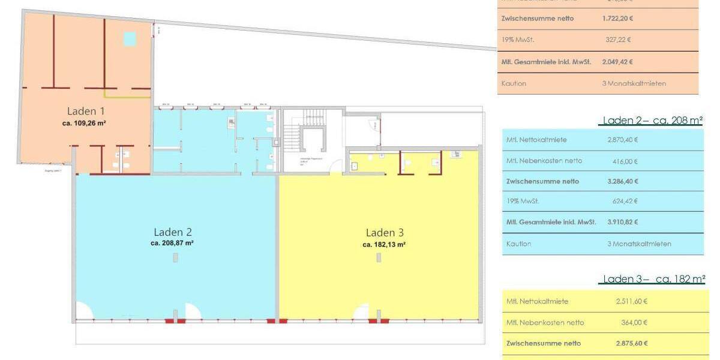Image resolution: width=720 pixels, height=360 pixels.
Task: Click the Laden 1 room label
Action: click(86, 111)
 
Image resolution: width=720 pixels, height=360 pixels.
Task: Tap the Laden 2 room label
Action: click(173, 232)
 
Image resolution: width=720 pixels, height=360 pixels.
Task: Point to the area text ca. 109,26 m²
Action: click(84, 122)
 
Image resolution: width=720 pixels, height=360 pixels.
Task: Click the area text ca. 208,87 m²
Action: click(172, 244)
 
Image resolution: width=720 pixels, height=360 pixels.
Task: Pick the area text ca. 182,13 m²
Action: click(384, 245)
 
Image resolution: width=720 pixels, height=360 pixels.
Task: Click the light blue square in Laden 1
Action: click(130, 39)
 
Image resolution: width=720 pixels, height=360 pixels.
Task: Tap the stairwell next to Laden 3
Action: click(310, 135)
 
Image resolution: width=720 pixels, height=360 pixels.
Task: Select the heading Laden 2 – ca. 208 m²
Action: click(652, 121)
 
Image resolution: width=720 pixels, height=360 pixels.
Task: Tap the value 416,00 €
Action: click(626, 161)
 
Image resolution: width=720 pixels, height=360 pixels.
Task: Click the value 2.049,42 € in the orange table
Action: click(617, 62)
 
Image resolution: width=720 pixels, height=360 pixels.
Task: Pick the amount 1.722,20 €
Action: click(617, 19)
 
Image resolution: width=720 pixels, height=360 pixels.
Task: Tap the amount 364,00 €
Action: click(635, 323)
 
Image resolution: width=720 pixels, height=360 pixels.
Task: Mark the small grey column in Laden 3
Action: click(378, 257)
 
